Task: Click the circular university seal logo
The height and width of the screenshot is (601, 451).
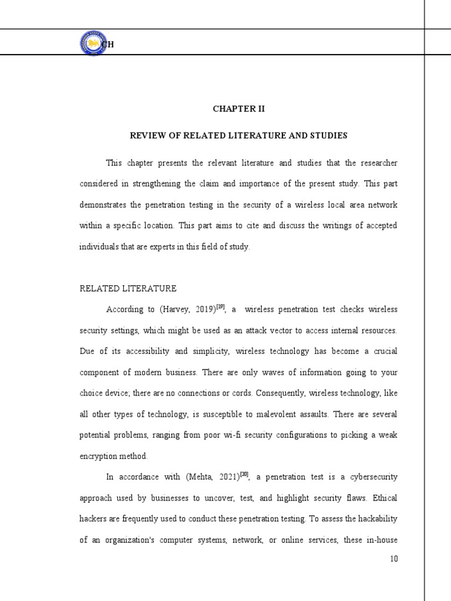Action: tap(93, 43)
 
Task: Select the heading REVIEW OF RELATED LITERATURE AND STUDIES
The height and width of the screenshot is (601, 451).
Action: tap(238, 136)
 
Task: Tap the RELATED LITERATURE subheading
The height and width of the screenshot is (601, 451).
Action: tap(127, 289)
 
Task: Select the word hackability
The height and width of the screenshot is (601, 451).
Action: tap(371, 519)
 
